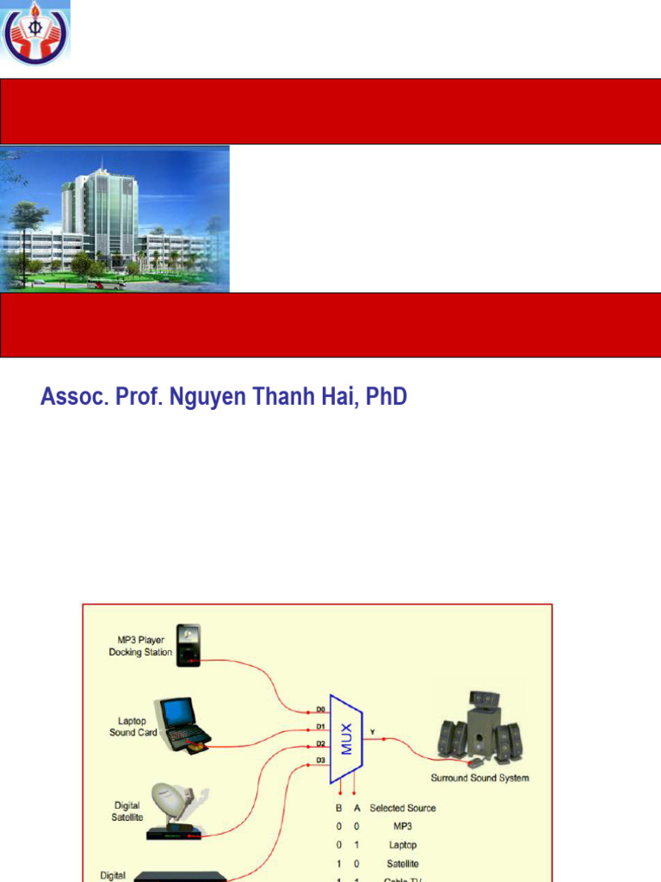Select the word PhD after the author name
tap(386, 398)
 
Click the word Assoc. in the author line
tap(71, 398)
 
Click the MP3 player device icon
tap(188, 645)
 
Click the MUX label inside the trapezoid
tap(347, 738)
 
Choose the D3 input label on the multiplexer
tap(320, 760)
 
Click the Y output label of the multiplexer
tap(372, 733)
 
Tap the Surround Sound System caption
tap(479, 778)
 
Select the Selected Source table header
tap(402, 808)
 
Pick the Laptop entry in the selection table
tap(402, 845)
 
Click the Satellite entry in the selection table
tap(402, 863)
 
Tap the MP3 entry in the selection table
tap(402, 827)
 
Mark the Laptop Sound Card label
tap(133, 726)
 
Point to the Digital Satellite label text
tap(127, 811)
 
